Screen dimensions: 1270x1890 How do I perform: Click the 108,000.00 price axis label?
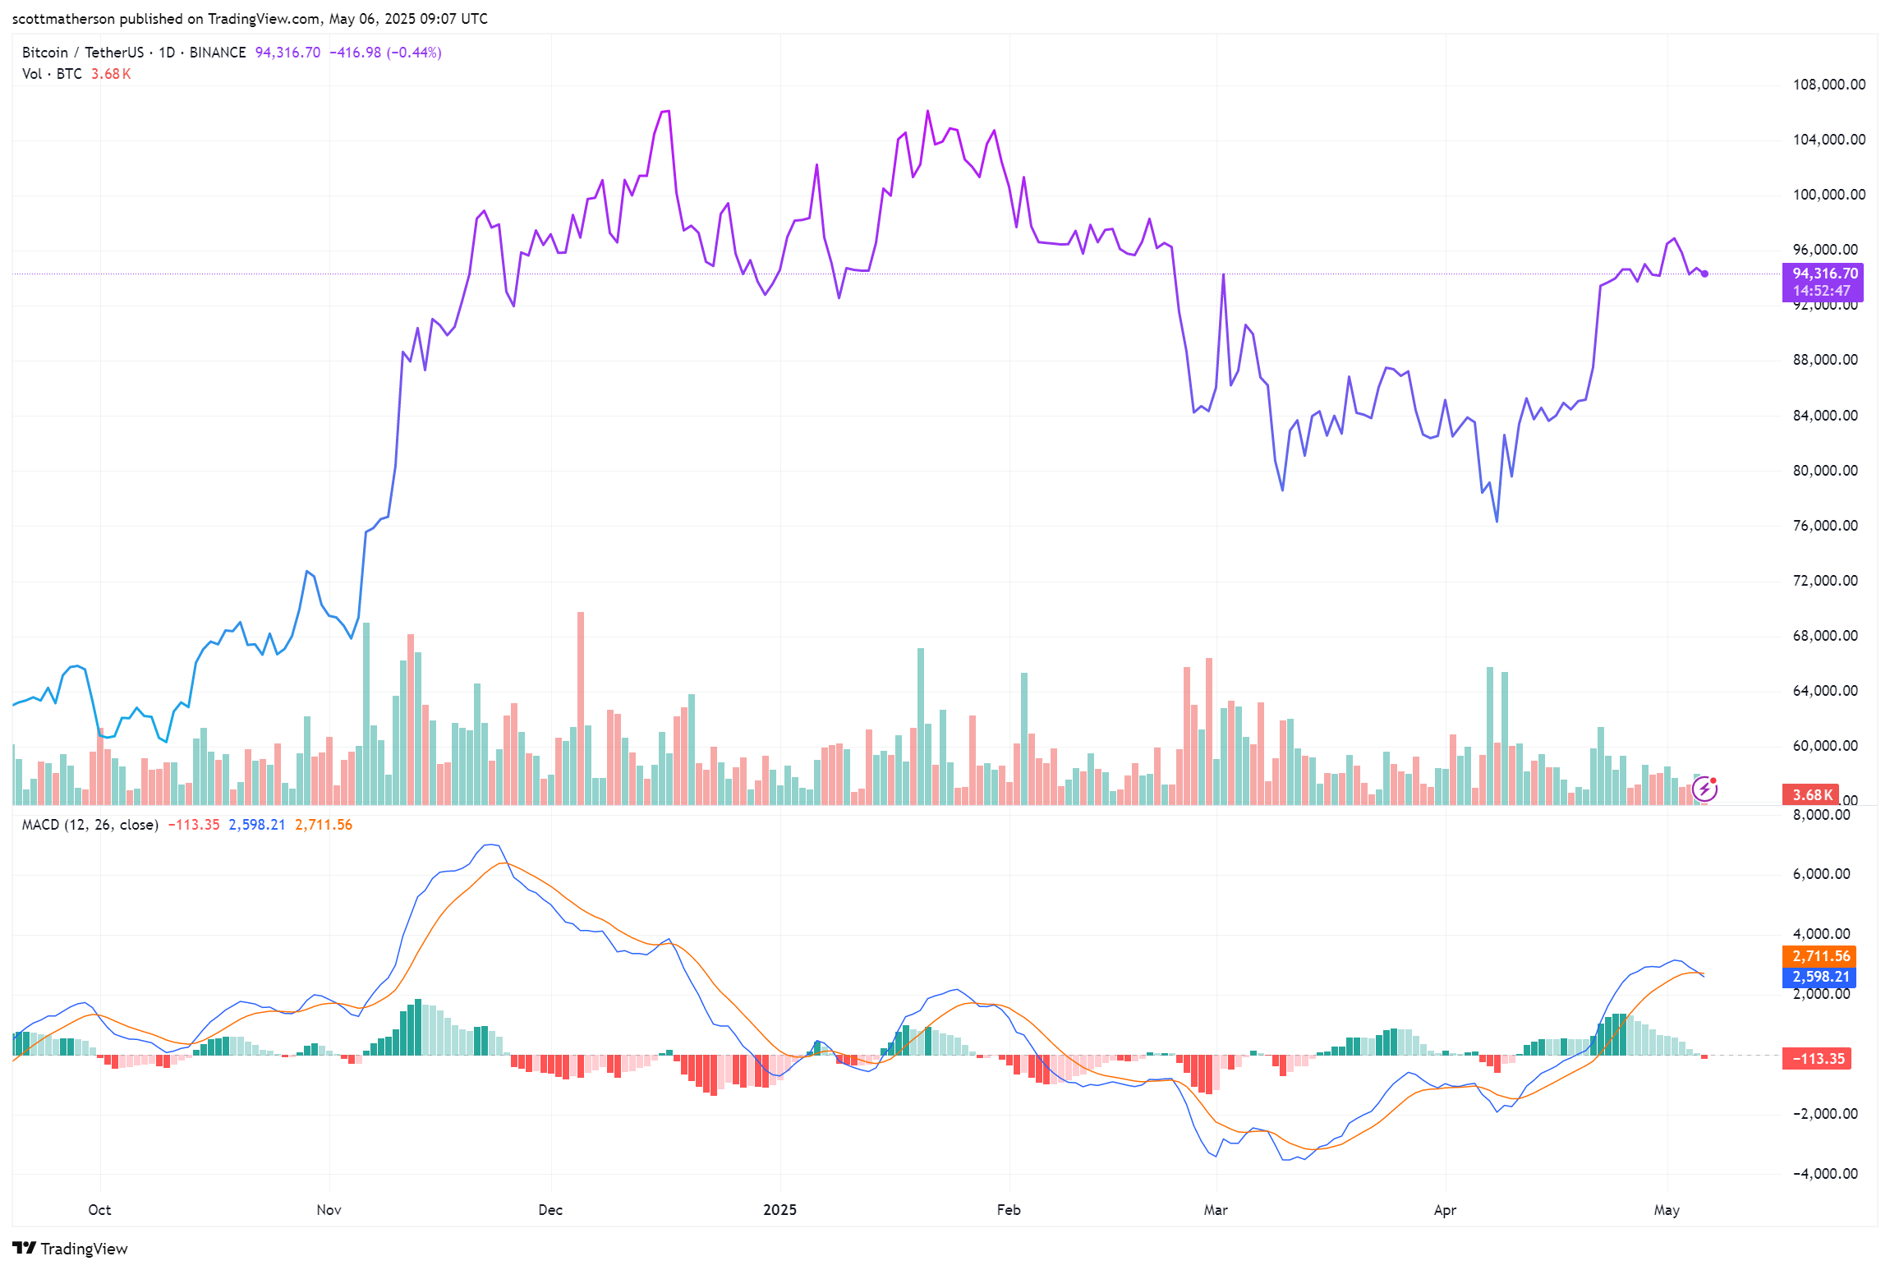coord(1828,85)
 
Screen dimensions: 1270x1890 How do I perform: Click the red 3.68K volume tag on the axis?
coord(1811,795)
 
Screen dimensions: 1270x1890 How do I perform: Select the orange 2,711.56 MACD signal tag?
coord(1821,956)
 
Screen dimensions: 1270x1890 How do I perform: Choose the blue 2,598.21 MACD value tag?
coord(1821,977)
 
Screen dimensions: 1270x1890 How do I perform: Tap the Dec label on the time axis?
coord(550,1210)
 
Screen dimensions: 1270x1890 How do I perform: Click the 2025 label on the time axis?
coord(779,1210)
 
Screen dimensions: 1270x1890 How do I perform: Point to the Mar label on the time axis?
coord(1216,1210)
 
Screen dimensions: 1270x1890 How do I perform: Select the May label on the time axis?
coord(1667,1210)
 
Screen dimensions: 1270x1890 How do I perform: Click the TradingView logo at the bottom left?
coord(71,1249)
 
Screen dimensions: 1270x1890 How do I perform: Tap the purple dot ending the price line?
coord(1705,274)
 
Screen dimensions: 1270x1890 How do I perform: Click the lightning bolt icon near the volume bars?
coord(1705,789)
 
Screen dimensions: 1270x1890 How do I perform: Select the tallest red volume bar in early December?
coord(581,706)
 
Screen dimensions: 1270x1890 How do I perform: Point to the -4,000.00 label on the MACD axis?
coord(1824,1174)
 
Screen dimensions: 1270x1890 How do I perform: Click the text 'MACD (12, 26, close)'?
coord(90,825)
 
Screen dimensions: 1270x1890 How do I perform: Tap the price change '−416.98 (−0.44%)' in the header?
coord(385,53)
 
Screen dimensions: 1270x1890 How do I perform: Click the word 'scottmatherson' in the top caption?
coord(63,19)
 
